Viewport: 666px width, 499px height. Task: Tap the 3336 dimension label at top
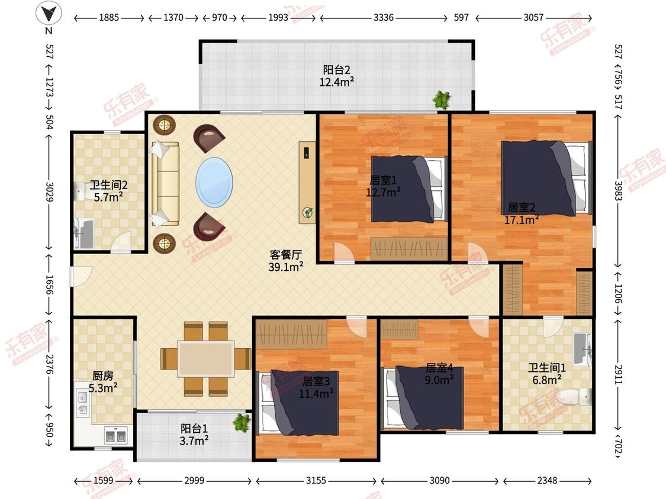(x=384, y=17)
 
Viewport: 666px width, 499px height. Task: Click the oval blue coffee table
(x=214, y=183)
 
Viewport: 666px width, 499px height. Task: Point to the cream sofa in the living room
(x=165, y=183)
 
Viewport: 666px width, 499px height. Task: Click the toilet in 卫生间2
(x=81, y=191)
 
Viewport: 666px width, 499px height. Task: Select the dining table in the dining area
(x=206, y=358)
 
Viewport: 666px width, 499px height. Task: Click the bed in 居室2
(x=546, y=178)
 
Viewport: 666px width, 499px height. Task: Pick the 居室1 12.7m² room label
(x=383, y=186)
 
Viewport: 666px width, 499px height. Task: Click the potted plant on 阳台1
(x=242, y=423)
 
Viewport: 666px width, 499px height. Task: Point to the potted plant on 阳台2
(x=442, y=100)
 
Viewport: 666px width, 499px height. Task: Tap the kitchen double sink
(x=115, y=436)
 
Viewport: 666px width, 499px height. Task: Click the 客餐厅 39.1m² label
(x=286, y=261)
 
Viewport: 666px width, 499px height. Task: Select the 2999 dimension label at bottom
(x=194, y=480)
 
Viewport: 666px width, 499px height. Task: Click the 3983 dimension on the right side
(x=618, y=192)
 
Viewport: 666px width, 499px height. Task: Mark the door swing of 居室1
(x=343, y=253)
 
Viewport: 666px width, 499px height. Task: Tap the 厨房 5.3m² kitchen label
(x=103, y=382)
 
